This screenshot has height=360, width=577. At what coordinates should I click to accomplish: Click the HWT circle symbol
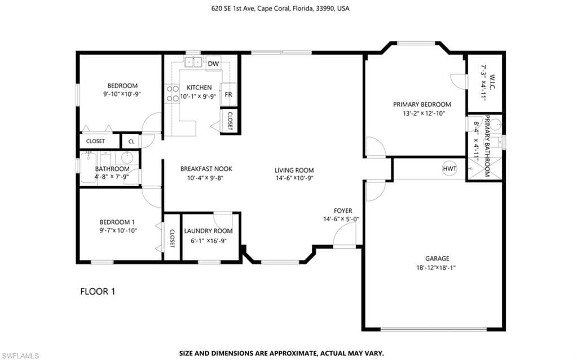[450, 169]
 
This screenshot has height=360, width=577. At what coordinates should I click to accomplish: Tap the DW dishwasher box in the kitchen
[213, 63]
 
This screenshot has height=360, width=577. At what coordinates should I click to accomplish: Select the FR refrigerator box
[228, 95]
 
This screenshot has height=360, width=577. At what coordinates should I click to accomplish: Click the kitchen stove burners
[172, 94]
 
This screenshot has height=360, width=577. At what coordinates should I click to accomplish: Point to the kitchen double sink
[193, 62]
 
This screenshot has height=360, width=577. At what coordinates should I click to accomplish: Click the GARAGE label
[437, 258]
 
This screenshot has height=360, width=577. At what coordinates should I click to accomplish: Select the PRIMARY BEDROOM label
[422, 104]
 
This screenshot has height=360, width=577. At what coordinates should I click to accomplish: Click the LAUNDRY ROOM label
[208, 231]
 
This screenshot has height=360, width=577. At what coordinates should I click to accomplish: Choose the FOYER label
[343, 210]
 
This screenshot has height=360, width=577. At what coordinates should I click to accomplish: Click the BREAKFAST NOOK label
[206, 169]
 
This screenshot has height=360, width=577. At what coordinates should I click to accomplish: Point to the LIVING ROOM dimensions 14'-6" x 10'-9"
[294, 178]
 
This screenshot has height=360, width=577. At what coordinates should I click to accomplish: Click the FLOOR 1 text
[98, 292]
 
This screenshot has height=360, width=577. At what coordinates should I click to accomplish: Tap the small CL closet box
[131, 142]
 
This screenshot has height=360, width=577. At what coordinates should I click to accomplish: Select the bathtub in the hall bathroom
[89, 168]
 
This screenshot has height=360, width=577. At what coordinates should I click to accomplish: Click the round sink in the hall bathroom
[127, 158]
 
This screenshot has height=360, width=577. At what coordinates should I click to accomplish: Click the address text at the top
[280, 8]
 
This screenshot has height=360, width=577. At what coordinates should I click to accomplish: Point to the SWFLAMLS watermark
[20, 356]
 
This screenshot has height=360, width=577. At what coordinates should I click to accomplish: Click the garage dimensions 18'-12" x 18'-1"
[435, 268]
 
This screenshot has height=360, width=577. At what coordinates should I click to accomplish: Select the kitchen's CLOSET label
[230, 121]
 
